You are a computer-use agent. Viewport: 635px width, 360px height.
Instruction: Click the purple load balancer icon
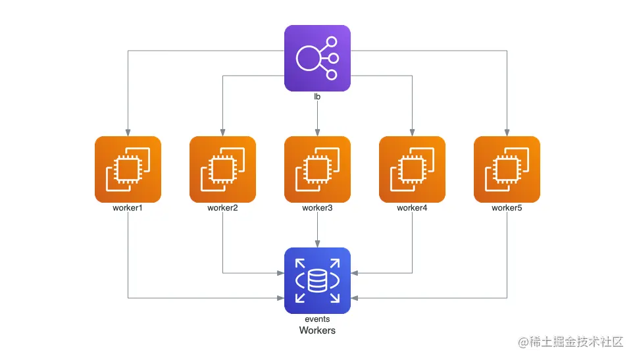coord(317,59)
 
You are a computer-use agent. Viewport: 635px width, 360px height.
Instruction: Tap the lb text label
coord(317,96)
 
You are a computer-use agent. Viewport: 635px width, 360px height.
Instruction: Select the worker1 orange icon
coord(128,169)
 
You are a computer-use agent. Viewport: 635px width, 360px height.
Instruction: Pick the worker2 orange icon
coord(222,169)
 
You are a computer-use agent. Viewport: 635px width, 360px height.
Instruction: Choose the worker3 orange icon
coord(317,169)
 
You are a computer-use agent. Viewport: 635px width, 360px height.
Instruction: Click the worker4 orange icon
coord(413,169)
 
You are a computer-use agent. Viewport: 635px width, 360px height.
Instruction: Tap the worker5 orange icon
coord(507,169)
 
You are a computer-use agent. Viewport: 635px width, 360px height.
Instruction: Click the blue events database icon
coord(317,280)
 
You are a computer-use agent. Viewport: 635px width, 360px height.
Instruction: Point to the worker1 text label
coord(128,208)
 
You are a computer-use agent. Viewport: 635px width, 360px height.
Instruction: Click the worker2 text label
coord(222,208)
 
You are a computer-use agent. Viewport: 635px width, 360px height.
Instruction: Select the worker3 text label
coord(317,208)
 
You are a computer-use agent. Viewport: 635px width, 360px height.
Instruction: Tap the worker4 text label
coord(413,208)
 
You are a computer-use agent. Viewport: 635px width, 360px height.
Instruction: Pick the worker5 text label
coord(507,208)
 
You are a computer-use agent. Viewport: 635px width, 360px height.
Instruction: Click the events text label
coord(317,319)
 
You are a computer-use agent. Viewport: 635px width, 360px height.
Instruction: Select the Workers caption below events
coord(317,330)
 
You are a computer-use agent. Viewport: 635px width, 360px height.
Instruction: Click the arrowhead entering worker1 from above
coord(128,133)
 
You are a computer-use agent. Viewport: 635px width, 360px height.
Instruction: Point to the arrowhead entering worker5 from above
coord(507,133)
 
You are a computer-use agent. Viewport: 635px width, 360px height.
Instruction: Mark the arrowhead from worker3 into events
coord(317,244)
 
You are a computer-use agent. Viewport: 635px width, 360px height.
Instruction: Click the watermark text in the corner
coord(571,342)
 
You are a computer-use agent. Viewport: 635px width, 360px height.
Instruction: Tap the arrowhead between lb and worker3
coord(317,133)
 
